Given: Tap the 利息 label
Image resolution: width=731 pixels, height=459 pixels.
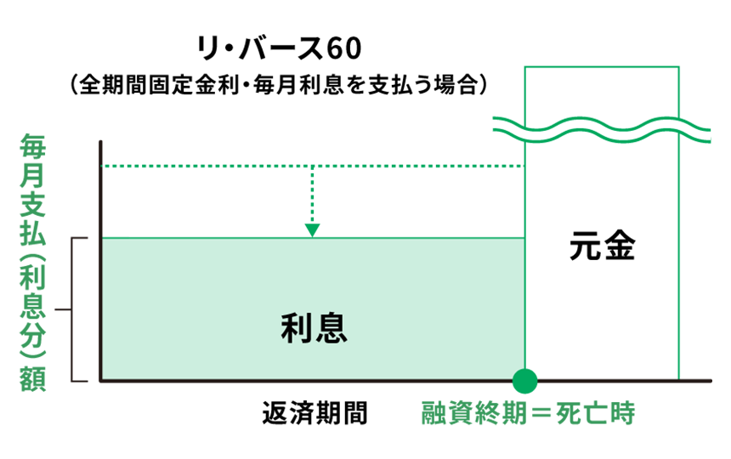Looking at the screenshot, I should pos(314,328).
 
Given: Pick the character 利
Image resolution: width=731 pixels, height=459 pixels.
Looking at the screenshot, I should pos(297,328).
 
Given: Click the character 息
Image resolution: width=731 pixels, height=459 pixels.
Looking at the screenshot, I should pos(331,328).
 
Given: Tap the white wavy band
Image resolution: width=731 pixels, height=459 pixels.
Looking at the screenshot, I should pos(602,128).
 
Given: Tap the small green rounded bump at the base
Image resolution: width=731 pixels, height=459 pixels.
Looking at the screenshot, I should pos(524,384).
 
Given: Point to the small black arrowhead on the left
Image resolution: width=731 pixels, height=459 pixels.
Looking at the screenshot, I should pos(62,316).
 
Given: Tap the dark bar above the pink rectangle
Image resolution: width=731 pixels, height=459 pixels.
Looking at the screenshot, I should pos(306,152).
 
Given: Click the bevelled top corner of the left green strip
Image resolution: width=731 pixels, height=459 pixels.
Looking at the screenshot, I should pos(23,139).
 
